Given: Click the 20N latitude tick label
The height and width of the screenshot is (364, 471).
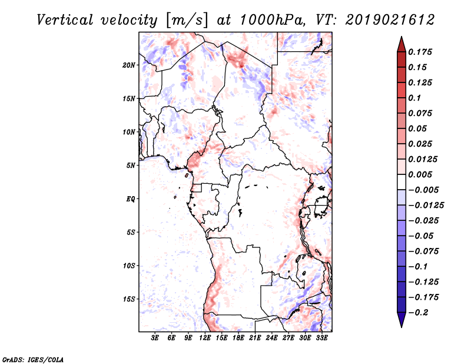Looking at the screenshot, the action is (128, 65).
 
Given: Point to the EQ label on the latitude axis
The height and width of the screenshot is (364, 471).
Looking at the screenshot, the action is (130, 199).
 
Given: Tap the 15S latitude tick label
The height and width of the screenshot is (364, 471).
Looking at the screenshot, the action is (129, 299).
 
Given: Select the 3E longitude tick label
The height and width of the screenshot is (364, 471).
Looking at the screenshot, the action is (155, 338).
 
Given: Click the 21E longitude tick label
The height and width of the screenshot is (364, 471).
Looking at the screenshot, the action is (255, 338).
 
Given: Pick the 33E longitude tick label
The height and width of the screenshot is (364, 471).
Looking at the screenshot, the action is (321, 338).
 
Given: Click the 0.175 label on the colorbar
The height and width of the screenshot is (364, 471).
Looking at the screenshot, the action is (420, 52).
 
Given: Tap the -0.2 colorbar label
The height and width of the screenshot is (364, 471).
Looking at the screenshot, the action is (418, 313).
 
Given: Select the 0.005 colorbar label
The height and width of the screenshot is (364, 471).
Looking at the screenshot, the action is (420, 174).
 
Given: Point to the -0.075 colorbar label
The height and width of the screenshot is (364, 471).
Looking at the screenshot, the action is (423, 252).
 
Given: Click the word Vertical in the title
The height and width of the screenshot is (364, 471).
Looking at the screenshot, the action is (65, 20).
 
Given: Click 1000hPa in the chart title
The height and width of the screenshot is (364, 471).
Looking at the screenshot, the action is (272, 20).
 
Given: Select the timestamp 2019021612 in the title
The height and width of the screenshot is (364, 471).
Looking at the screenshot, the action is (390, 20).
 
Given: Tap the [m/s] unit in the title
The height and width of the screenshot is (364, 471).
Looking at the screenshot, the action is (187, 21).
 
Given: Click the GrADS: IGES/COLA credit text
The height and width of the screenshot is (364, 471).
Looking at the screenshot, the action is (33, 359).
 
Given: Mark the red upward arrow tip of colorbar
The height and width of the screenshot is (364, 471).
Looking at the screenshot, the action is (402, 37).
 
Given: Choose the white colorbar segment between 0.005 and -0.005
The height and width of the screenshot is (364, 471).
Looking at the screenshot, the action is (402, 182).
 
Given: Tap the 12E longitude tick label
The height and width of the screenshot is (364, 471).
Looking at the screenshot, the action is (205, 338).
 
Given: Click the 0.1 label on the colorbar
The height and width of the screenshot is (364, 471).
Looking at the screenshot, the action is (414, 98).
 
